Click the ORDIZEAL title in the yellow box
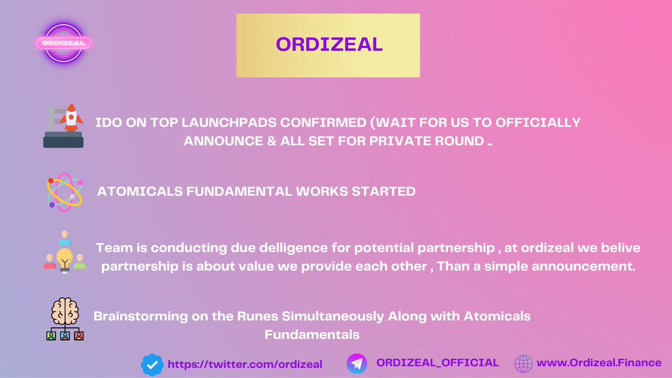click(328, 45)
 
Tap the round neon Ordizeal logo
click(63, 43)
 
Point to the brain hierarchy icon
click(64, 319)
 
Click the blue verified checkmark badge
click(151, 365)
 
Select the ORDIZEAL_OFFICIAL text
click(437, 363)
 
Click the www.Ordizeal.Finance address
click(599, 363)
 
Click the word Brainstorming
click(133, 316)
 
